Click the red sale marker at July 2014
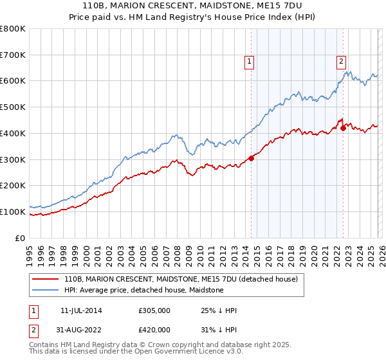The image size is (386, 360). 251,159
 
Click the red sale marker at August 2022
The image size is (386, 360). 343,129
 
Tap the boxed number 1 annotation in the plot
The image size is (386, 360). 248,62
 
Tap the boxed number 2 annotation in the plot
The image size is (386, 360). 340,62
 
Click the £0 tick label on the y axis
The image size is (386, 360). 21,238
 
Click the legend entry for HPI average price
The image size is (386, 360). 143,291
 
